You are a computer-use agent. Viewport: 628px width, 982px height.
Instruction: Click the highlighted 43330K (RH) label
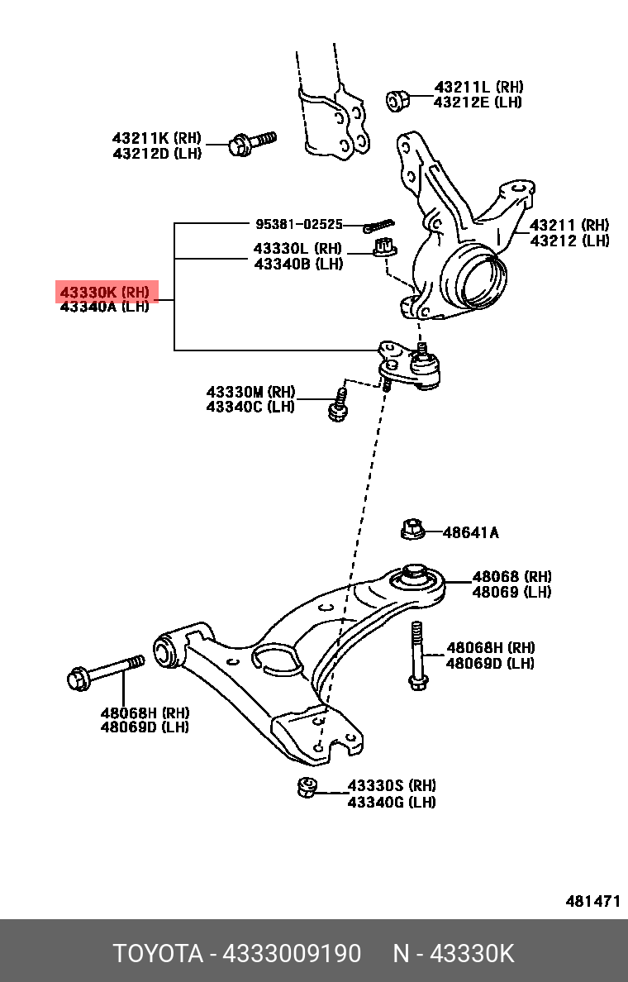(105, 292)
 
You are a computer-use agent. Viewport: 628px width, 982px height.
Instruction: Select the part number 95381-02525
(298, 224)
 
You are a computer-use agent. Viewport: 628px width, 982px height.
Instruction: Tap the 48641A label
(470, 532)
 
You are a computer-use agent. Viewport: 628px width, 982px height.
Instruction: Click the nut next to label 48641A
(412, 529)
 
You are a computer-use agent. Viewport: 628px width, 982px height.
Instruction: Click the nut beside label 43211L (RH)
(397, 100)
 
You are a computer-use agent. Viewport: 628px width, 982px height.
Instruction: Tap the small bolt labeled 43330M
(338, 404)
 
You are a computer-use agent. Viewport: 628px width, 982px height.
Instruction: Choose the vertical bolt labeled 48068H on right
(416, 655)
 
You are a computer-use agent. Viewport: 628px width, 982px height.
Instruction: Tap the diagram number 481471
(592, 901)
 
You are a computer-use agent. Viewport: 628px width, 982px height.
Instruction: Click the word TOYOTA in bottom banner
(158, 953)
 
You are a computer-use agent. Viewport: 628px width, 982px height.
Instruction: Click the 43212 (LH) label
(569, 241)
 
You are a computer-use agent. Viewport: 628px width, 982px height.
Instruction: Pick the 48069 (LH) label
(511, 592)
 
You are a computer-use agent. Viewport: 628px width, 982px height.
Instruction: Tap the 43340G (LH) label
(391, 801)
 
